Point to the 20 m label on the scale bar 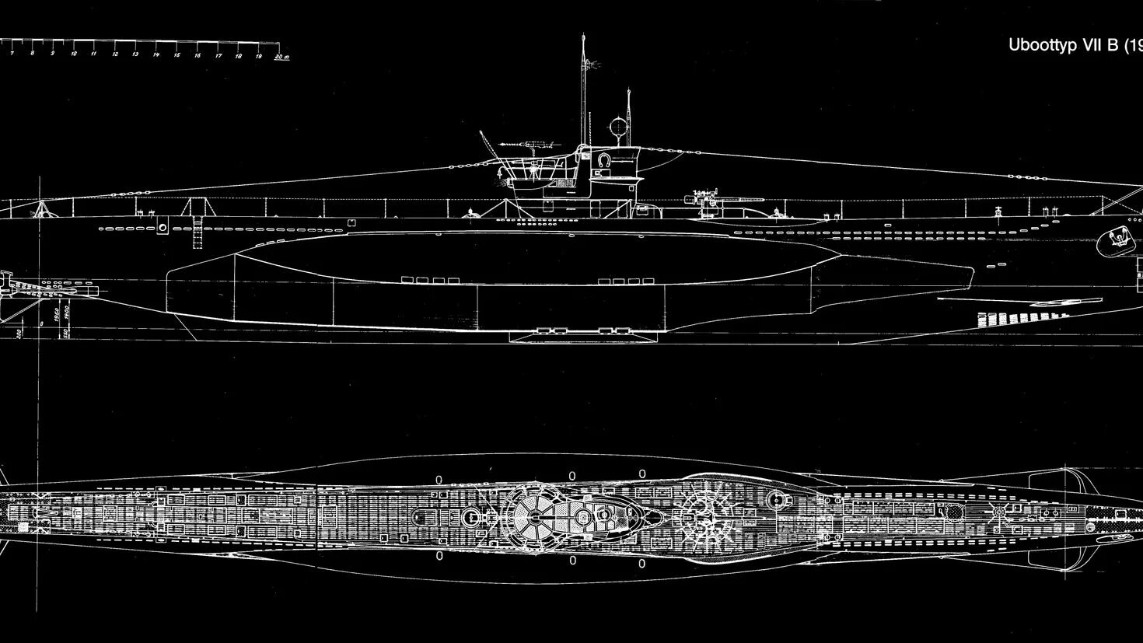click(x=282, y=56)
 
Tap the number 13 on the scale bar click(x=135, y=55)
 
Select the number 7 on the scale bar click(x=11, y=54)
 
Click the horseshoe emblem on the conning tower click(x=603, y=159)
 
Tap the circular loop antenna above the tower click(x=618, y=125)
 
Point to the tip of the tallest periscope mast click(x=582, y=37)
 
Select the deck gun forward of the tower click(x=708, y=199)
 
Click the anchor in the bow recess click(x=1115, y=240)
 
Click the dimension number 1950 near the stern click(x=57, y=316)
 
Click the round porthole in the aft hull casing click(x=163, y=226)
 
